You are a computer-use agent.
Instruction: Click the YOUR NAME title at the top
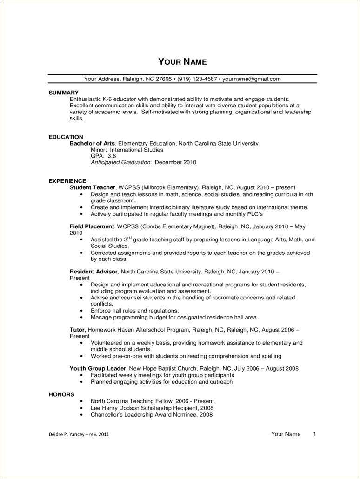coord(182,62)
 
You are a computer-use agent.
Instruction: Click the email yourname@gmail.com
coord(251,79)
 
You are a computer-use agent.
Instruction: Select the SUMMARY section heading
coord(64,93)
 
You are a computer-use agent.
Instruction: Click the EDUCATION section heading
coord(66,137)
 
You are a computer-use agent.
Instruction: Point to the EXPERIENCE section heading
coord(67,181)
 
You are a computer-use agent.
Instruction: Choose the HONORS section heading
coord(61,394)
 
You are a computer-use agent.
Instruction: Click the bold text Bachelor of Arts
coord(92,144)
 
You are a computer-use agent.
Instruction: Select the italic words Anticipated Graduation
coord(121,163)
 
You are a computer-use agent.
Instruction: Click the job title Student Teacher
coord(92,187)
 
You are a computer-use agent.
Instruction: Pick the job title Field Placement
coord(92,226)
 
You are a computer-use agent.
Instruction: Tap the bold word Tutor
coord(77,330)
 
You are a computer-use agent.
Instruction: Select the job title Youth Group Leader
coord(98,369)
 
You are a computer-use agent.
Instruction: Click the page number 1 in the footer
coord(315,434)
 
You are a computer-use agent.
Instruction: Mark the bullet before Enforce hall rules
coord(81,311)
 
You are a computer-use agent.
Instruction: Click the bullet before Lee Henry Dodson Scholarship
coord(81,408)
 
